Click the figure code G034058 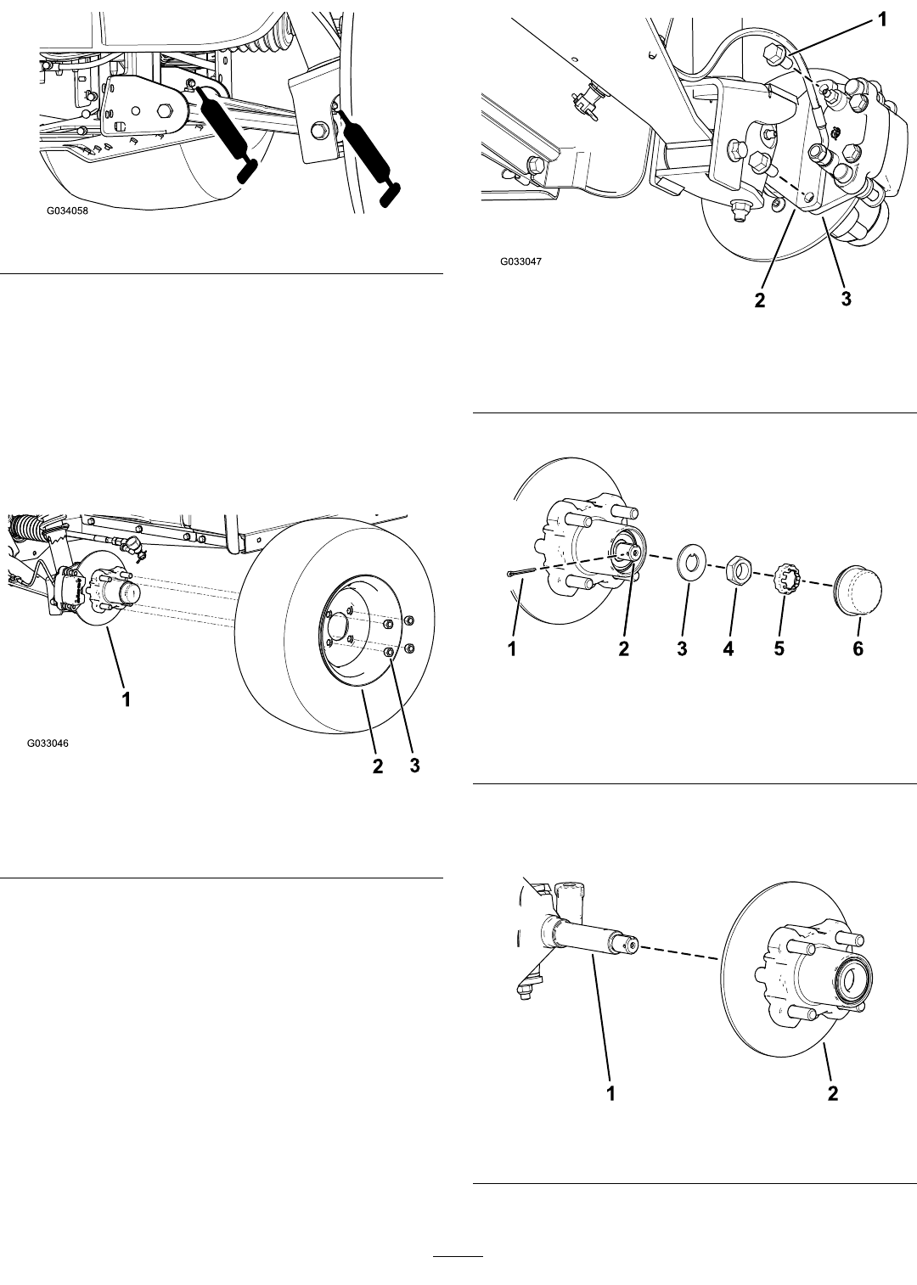tap(68, 210)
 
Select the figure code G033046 tap(48, 743)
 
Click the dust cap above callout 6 tap(857, 590)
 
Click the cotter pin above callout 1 tap(521, 571)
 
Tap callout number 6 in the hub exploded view tap(858, 648)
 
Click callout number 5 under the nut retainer tap(779, 648)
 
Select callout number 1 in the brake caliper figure tap(882, 20)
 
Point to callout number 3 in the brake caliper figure tap(847, 298)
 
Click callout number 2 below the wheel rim tap(378, 766)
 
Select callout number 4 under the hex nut tap(729, 648)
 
